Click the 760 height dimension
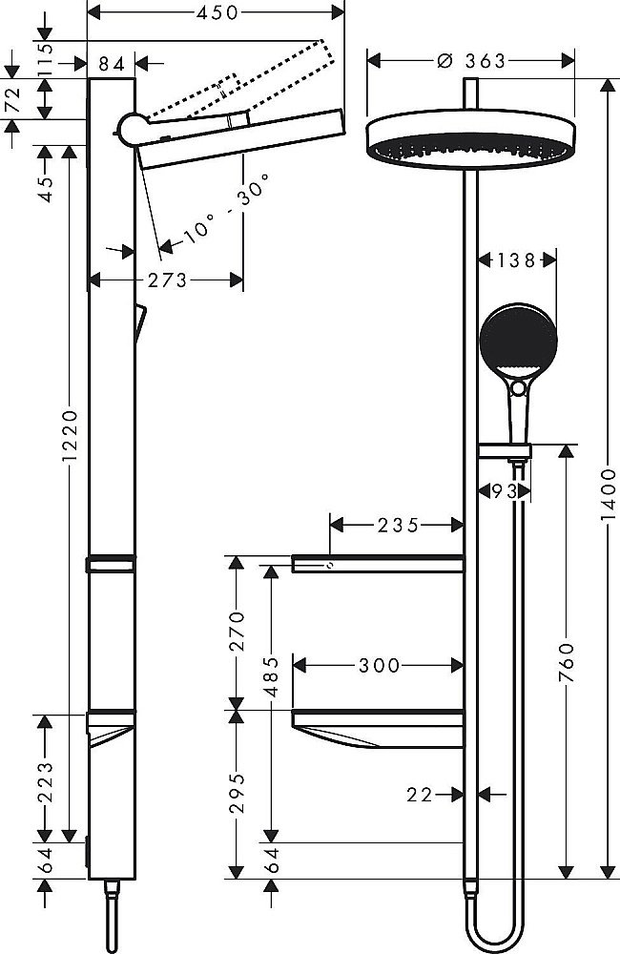pos(567,658)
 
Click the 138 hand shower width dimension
pos(516,259)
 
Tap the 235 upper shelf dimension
pos(397,524)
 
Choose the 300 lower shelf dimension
pos(380,665)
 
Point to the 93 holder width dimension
pos(497,491)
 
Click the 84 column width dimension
pos(112,63)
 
